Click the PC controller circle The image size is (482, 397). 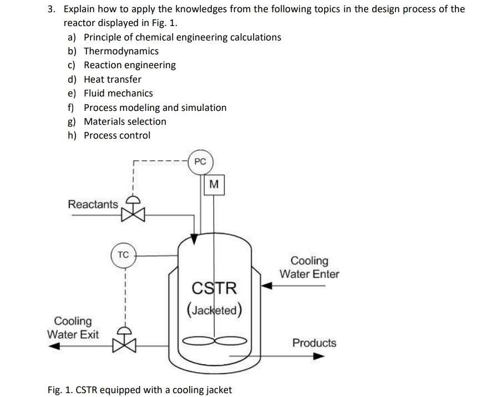click(200, 162)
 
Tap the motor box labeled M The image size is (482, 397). click(214, 184)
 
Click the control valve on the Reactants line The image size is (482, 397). click(133, 211)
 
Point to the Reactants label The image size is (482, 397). click(93, 204)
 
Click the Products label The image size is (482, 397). click(314, 343)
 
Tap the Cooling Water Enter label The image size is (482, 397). click(309, 267)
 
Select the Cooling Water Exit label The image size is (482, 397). click(73, 328)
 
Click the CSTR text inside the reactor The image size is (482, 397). click(214, 288)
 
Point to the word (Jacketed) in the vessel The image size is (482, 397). click(214, 309)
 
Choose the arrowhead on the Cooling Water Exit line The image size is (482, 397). click(53, 347)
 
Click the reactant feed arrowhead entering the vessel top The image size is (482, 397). click(194, 238)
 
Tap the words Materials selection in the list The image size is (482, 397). click(125, 121)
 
